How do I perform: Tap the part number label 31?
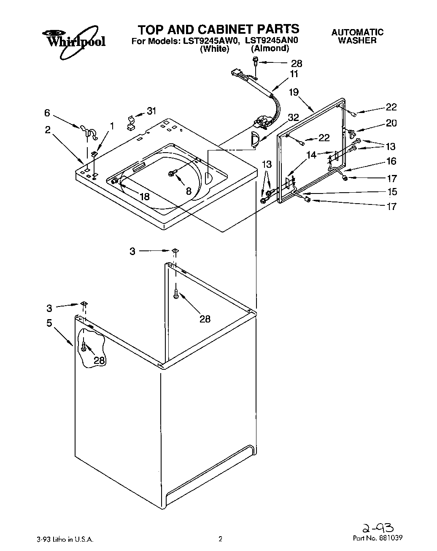(x=151, y=111)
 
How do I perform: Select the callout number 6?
(x=47, y=113)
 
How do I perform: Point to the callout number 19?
(x=294, y=92)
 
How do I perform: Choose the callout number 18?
(x=144, y=196)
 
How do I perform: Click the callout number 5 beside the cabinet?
(x=49, y=323)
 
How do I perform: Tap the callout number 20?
(x=391, y=123)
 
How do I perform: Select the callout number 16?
(x=391, y=161)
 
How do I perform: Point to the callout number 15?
(x=392, y=192)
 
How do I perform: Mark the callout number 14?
(x=311, y=155)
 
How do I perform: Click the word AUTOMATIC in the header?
(x=357, y=32)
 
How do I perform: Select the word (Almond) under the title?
(x=270, y=48)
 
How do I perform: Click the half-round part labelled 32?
(x=254, y=139)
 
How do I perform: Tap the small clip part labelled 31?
(x=132, y=121)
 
